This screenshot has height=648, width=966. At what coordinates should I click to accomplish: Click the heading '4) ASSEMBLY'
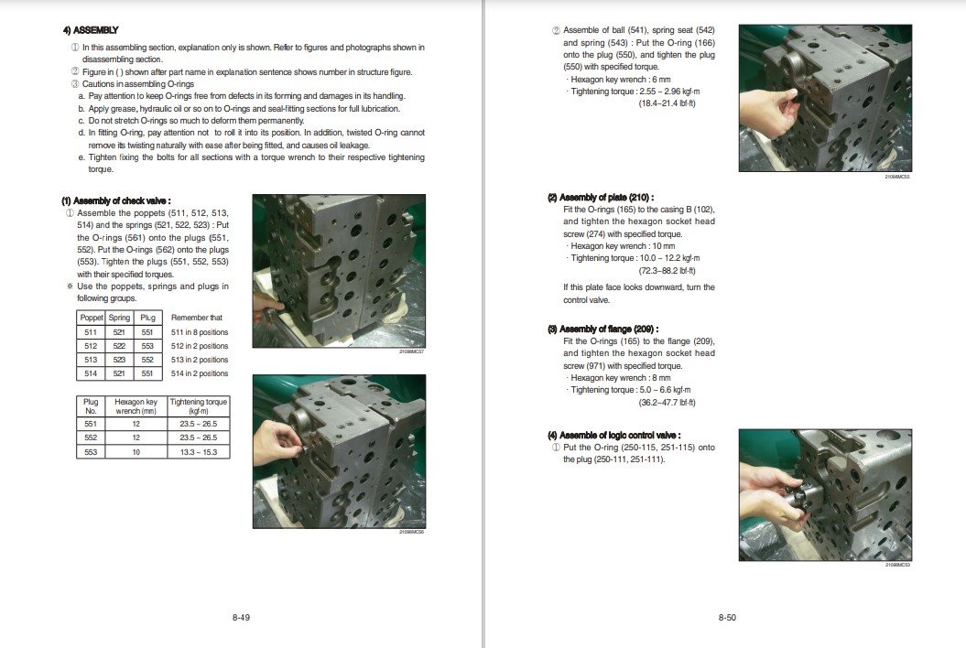[x=90, y=30]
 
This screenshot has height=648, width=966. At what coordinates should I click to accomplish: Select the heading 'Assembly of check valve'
[x=116, y=200]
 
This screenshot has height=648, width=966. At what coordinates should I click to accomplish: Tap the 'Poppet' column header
[x=92, y=318]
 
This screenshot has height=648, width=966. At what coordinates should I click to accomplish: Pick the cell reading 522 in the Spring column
[x=120, y=346]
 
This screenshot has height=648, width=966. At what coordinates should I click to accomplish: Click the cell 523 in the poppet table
[x=120, y=360]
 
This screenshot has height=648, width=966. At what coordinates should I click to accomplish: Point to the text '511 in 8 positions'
[x=200, y=332]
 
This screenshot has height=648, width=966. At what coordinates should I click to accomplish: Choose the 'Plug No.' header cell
[x=91, y=406]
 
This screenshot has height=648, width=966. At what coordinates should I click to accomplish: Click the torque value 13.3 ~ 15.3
[x=199, y=452]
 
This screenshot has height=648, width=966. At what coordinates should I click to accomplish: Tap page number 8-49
[x=241, y=618]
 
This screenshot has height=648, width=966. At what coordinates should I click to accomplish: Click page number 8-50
[x=727, y=618]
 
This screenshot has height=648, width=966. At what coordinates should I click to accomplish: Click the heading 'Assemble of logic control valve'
[x=613, y=435]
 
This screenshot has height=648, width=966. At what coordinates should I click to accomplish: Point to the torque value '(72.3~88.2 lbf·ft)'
[x=667, y=271]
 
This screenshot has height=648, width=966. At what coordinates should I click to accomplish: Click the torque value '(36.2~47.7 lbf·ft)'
[x=667, y=403]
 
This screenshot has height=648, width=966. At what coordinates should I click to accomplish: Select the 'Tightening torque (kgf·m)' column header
[x=199, y=406]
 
